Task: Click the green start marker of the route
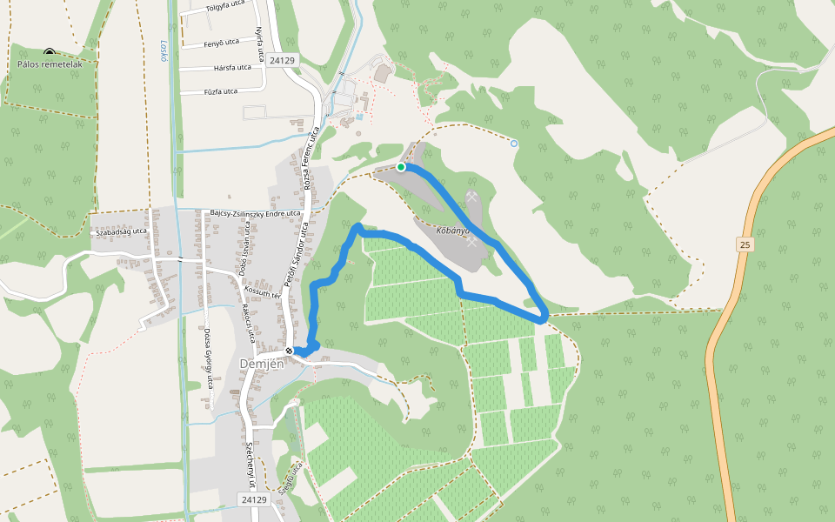(x=401, y=166)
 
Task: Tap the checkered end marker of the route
(x=290, y=351)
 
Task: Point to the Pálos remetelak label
(x=50, y=64)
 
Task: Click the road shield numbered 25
(x=745, y=244)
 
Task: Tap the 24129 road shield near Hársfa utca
(x=284, y=60)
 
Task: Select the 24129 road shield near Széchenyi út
(x=253, y=499)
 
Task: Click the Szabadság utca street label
(x=121, y=232)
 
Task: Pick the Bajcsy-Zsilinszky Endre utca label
(x=256, y=213)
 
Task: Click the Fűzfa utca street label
(x=220, y=91)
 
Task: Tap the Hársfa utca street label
(x=231, y=67)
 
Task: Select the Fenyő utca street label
(x=221, y=42)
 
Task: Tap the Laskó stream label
(x=164, y=51)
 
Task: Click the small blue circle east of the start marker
(x=514, y=143)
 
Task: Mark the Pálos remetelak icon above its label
(x=49, y=52)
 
